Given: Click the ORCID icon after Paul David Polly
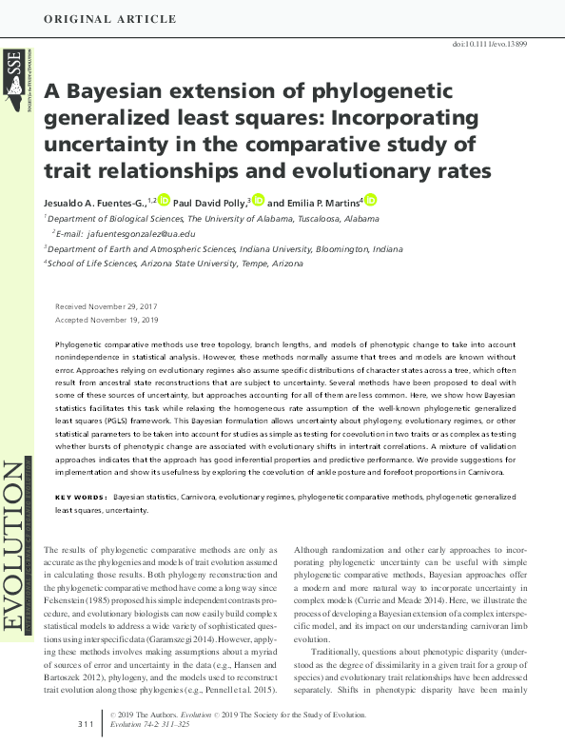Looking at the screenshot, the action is click(258, 201).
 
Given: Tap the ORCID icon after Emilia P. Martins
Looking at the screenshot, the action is click(371, 201).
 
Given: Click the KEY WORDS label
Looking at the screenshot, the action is click(81, 498).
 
